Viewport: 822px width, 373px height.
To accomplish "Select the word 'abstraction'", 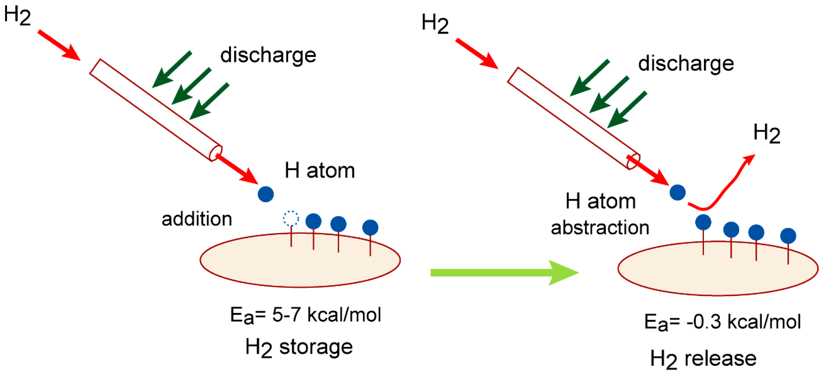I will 600,228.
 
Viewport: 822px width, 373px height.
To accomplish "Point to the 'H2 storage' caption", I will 299,347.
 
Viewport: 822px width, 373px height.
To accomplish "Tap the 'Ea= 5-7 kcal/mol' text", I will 305,315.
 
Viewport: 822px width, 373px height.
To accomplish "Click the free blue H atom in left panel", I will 266,194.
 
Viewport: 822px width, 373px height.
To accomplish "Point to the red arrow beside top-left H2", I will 59,45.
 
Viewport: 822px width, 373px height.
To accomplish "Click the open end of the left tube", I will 215,153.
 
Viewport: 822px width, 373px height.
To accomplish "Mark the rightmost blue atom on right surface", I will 788,236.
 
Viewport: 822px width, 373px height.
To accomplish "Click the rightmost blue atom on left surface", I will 370,228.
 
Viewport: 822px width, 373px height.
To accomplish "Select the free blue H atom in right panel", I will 677,192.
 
